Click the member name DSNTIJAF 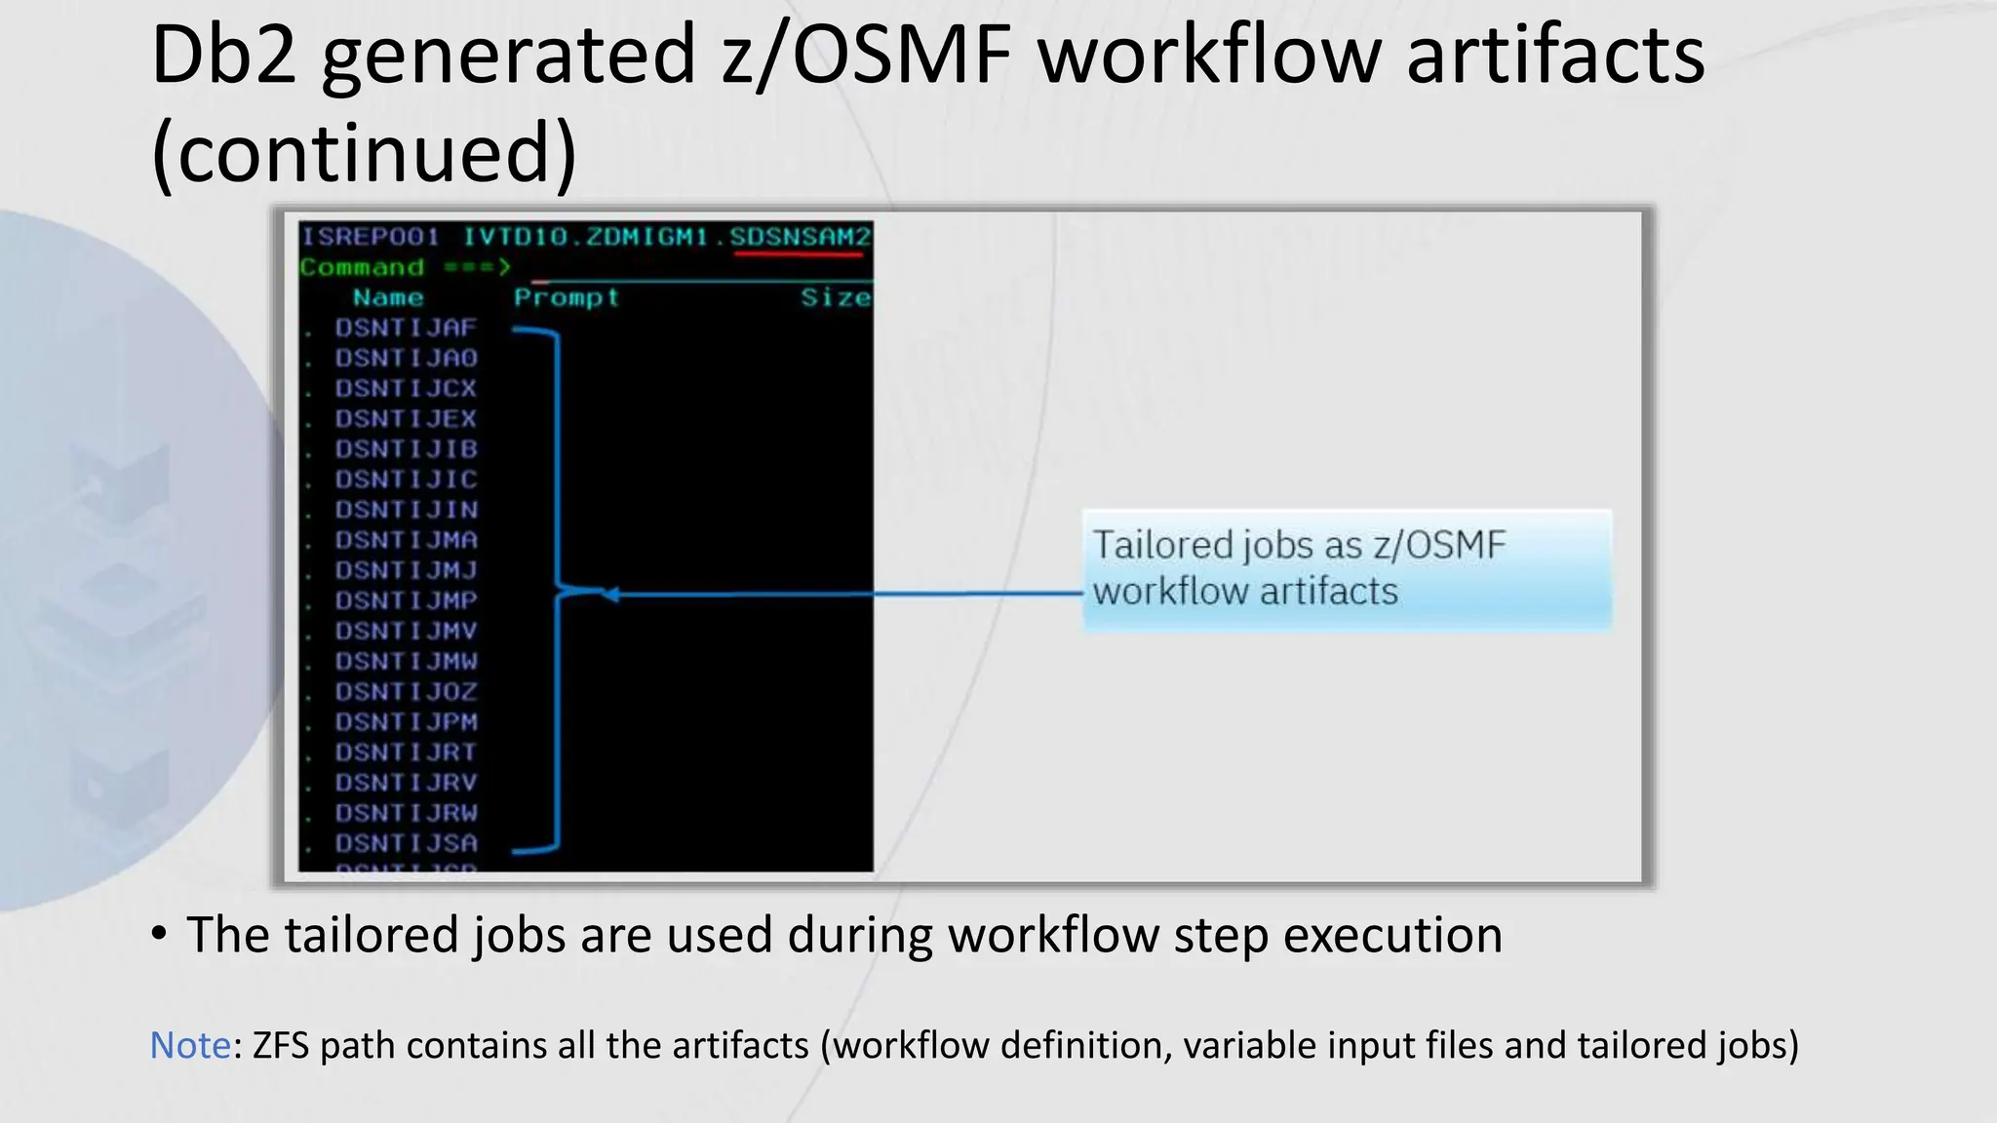coord(406,329)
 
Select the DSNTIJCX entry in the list coord(406,389)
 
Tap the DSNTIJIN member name coord(406,510)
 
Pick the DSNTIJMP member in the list coord(406,600)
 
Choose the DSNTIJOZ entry coord(406,692)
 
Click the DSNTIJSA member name coord(406,843)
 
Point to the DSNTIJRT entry coord(406,753)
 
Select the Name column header coord(388,297)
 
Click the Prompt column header coord(567,297)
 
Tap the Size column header coord(836,297)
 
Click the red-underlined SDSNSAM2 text coord(800,237)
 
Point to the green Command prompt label coord(362,267)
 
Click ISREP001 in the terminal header coord(370,237)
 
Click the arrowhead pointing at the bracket coord(610,594)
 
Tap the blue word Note coord(190,1045)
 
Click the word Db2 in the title coord(223,56)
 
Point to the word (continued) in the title coord(365,153)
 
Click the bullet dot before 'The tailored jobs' coord(159,934)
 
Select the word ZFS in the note coord(281,1045)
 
